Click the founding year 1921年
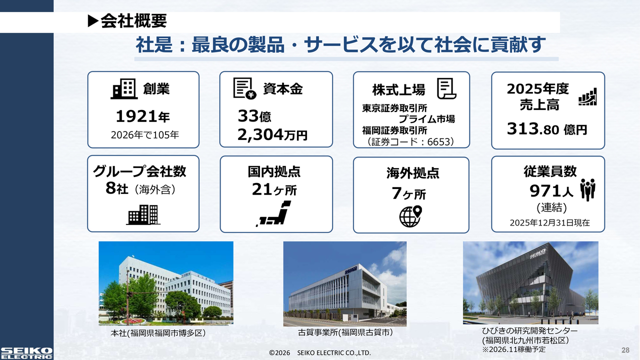point(143,116)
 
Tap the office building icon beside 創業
point(124,89)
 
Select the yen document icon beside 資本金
point(245,88)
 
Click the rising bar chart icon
point(587,96)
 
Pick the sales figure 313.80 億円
point(547,129)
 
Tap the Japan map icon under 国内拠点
point(273,213)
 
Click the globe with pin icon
point(410,216)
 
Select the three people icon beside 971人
point(587,189)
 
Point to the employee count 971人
point(551,191)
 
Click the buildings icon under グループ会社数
point(143,214)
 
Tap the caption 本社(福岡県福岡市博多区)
point(158,333)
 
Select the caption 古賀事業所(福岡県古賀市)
point(345,332)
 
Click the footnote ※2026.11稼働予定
point(513,349)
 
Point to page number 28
point(625,350)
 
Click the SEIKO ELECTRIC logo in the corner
point(26,353)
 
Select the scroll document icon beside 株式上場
point(446,88)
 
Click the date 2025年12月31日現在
point(549,223)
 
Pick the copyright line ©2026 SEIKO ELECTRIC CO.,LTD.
point(320,353)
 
